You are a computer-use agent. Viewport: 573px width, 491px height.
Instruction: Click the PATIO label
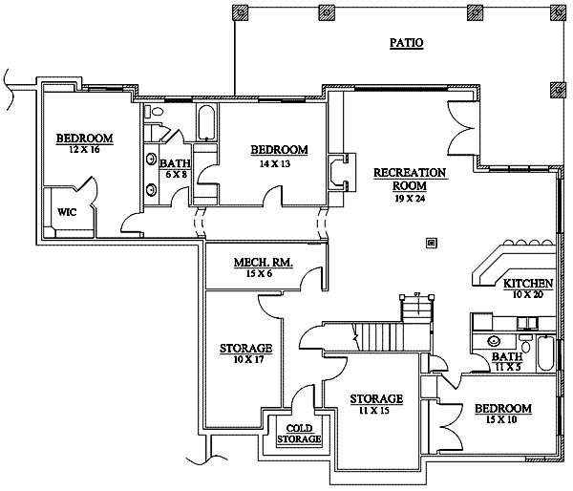[x=406, y=43]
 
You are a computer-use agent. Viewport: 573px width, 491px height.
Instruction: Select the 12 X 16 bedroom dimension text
[x=84, y=150]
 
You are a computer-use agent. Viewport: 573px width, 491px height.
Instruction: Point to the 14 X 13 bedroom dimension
[x=279, y=162]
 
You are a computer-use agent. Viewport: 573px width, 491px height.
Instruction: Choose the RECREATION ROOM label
[x=409, y=179]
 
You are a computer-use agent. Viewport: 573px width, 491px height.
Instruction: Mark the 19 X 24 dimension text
[x=409, y=201]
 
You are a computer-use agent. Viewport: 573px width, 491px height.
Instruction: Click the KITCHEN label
[x=528, y=284]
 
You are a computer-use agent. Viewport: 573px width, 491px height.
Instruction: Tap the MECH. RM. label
[x=263, y=263]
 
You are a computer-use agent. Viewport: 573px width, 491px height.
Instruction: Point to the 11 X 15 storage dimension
[x=374, y=411]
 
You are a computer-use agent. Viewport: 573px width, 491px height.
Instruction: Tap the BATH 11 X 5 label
[x=506, y=361]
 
